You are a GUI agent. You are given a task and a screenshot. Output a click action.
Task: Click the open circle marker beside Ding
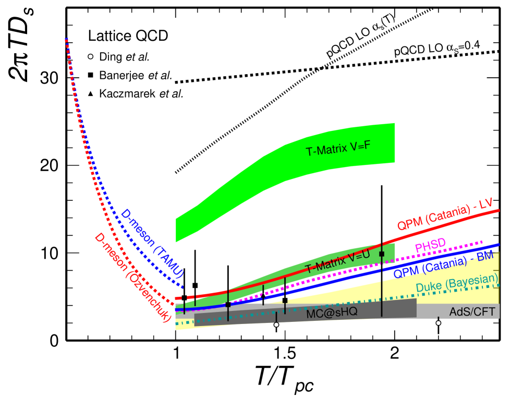(x=90, y=56)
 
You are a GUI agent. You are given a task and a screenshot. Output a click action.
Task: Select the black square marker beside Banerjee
(x=90, y=75)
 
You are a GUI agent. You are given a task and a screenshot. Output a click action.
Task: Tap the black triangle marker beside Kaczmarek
(x=90, y=94)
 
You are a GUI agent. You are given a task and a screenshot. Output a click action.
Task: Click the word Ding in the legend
(x=111, y=56)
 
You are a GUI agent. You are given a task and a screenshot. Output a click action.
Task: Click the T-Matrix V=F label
(x=338, y=148)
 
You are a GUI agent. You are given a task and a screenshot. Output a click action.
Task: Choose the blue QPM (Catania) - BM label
(x=443, y=264)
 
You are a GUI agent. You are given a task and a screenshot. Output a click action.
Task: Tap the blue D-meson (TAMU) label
(x=152, y=243)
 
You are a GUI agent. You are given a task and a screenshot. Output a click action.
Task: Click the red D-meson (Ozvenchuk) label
(x=132, y=277)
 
